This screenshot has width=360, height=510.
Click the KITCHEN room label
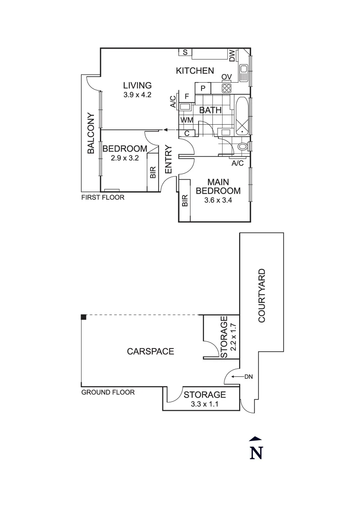pos(195,71)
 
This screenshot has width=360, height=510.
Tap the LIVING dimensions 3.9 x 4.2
pos(137,94)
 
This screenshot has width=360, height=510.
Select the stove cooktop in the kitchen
pos(226,88)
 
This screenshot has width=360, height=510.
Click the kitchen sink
pos(244,73)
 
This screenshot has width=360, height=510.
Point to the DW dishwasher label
pos(232,56)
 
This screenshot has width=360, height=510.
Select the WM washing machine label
pos(185,120)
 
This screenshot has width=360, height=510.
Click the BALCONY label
pos(91,134)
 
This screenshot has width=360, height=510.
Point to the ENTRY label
pos(169,160)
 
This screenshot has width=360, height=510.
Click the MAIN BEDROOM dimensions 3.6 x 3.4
pos(218,200)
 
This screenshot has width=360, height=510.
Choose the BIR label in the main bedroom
pos(184,201)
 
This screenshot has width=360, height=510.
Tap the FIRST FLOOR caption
pos(103,197)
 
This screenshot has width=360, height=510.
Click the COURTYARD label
pos(262,296)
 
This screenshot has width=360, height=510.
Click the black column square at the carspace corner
pos(84,317)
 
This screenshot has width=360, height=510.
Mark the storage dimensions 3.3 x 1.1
pos(205,404)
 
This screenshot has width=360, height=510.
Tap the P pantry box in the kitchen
pos(203,88)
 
